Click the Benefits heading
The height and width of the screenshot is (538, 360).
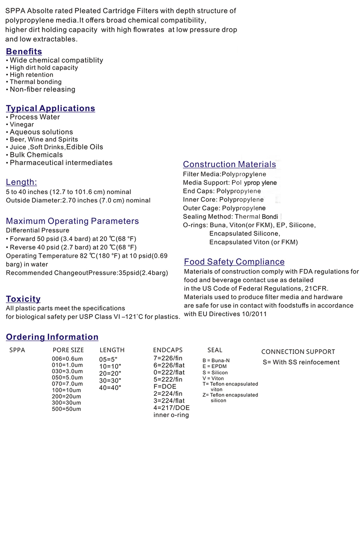point(24,52)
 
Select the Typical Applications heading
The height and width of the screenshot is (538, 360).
point(50,108)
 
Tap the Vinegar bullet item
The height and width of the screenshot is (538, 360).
point(22,125)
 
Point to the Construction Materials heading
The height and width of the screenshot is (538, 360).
point(229,164)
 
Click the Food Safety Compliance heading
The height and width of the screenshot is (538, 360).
point(234,262)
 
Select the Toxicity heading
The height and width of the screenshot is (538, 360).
point(23,299)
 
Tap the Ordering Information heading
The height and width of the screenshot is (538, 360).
point(52,337)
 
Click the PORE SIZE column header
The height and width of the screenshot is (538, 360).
point(68,350)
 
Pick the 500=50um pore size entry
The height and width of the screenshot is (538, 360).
point(67,409)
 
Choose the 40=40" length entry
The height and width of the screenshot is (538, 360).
point(110,388)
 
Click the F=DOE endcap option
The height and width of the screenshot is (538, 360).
point(165,387)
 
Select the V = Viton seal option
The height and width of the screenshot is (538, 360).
point(213,378)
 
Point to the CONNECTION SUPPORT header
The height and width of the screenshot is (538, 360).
point(298,352)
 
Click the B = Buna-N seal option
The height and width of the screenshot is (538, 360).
point(216,360)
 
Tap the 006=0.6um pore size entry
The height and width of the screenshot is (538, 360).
point(67,358)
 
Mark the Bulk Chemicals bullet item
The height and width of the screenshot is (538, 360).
point(36,155)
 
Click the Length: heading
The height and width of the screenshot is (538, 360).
point(22,182)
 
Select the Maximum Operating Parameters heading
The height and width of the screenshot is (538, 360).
point(72,221)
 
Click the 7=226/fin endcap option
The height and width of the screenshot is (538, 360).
point(168,358)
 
